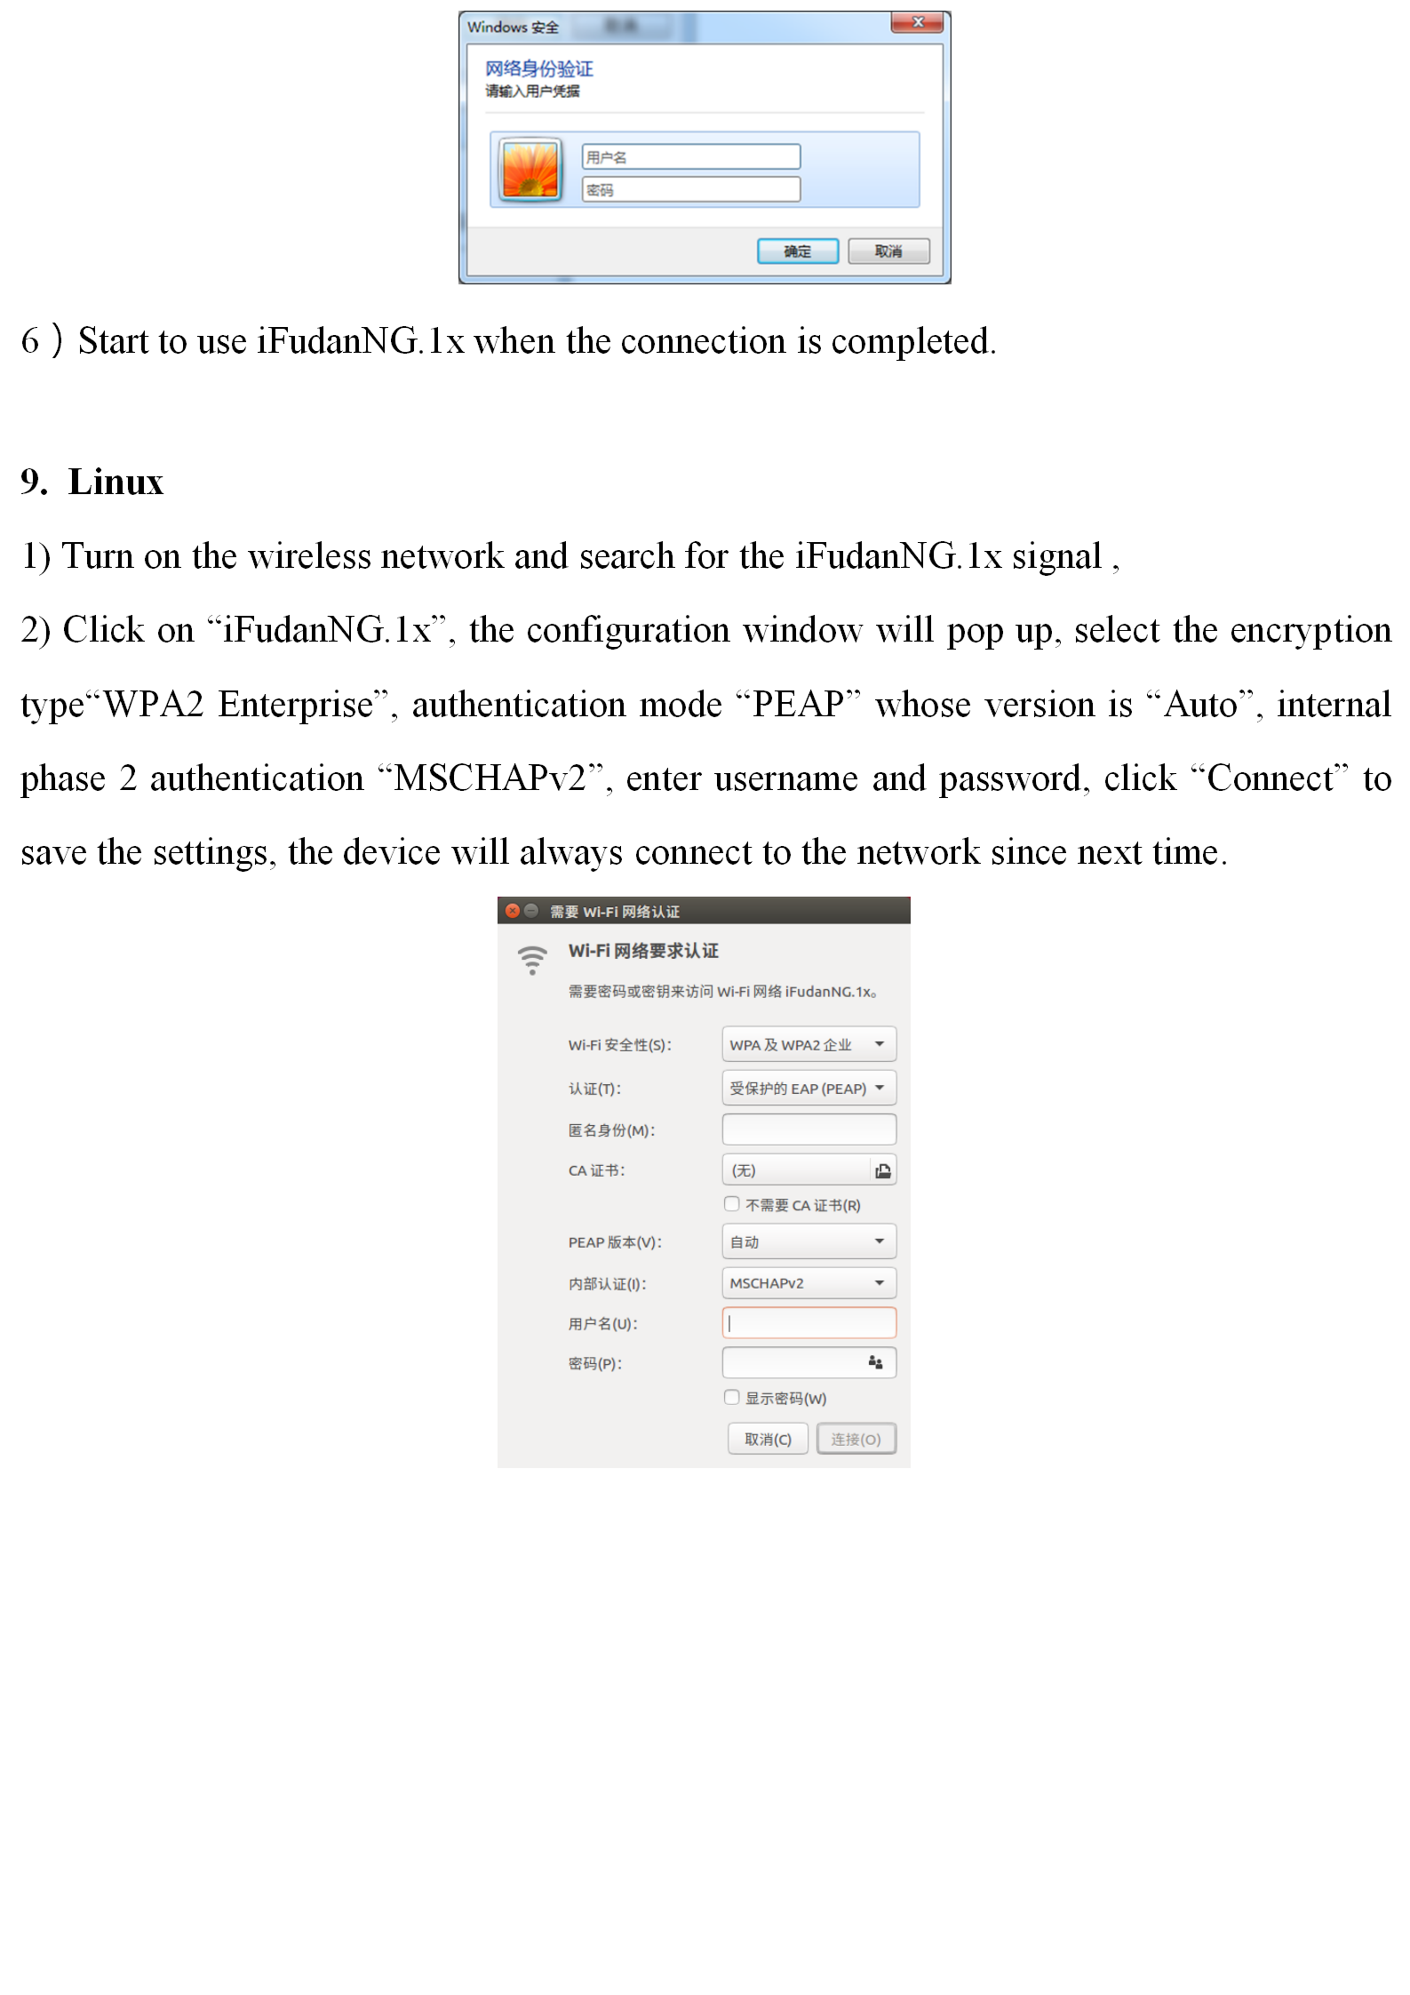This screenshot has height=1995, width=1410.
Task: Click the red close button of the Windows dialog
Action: pos(919,22)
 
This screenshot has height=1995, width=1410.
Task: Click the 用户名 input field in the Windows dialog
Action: pos(691,157)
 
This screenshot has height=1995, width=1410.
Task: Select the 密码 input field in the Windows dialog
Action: pos(691,189)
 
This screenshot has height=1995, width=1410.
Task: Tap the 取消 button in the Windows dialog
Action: pos(888,251)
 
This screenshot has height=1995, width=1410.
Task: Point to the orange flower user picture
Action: pos(530,170)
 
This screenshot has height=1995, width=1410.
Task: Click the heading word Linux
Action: pos(116,483)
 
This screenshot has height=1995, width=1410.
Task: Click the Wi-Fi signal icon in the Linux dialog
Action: pos(532,960)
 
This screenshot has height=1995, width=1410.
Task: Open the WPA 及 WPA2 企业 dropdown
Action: pos(809,1044)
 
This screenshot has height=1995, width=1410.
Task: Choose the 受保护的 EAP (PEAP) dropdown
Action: pos(809,1088)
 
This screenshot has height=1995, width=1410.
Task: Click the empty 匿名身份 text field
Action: pos(809,1129)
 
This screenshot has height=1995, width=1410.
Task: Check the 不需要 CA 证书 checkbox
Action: pos(732,1204)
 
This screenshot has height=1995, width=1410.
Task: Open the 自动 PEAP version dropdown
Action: pos(809,1241)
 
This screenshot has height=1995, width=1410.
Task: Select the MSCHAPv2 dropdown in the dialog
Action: pos(809,1283)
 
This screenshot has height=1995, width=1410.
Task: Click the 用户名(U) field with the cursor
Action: pos(809,1323)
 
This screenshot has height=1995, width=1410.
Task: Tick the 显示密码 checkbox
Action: pos(732,1397)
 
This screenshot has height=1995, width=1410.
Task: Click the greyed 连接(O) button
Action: pos(856,1439)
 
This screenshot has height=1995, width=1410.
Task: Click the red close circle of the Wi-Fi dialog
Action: pos(513,911)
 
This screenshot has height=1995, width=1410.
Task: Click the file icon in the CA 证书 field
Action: pos(882,1170)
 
